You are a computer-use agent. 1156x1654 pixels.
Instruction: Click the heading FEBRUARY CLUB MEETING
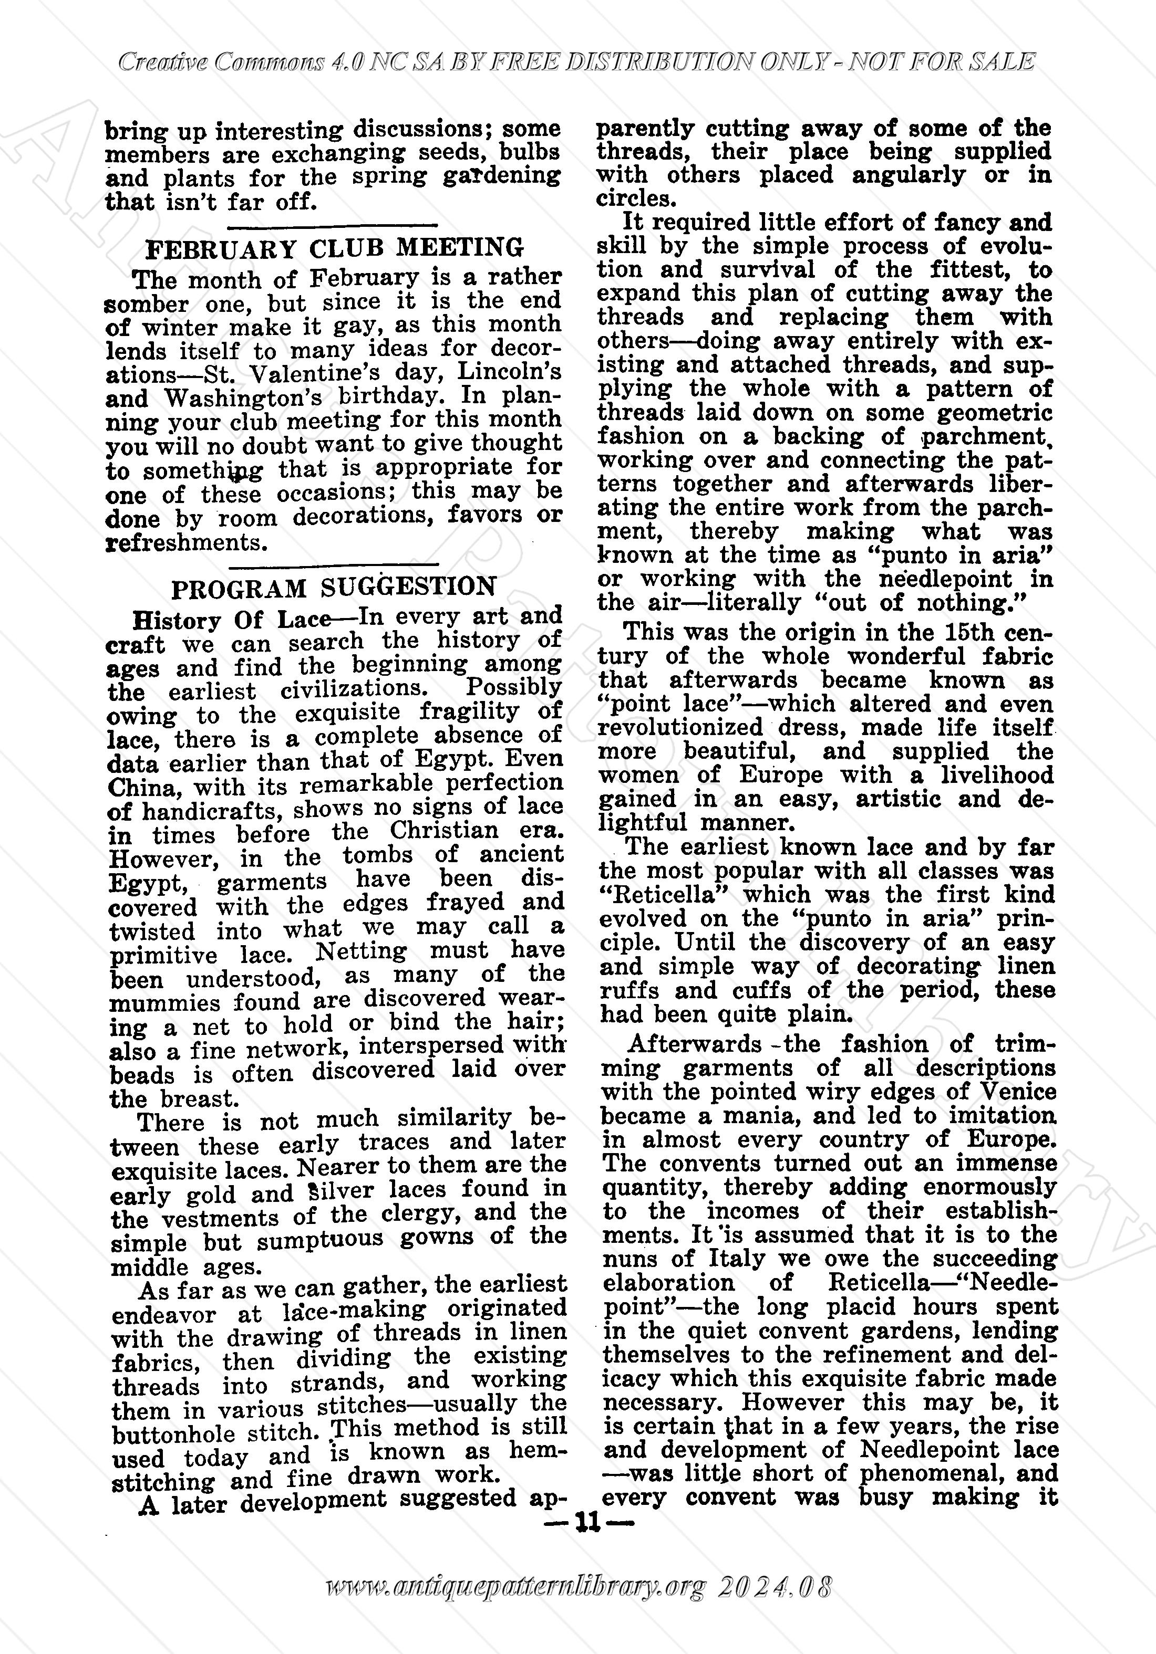pyautogui.click(x=334, y=248)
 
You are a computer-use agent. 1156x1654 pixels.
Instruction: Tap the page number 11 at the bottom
pyautogui.click(x=589, y=1522)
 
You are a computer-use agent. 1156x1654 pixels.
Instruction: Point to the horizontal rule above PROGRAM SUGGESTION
pyautogui.click(x=333, y=562)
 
